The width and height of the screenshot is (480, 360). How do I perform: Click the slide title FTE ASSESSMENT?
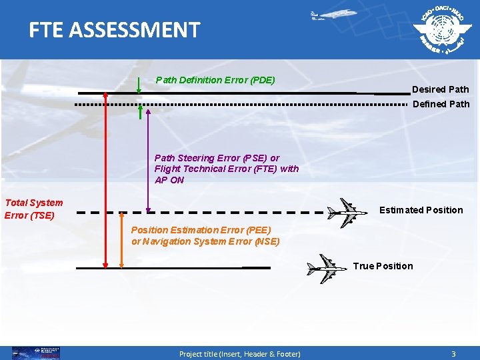(114, 30)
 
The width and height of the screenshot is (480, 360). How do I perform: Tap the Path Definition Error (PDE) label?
(215, 80)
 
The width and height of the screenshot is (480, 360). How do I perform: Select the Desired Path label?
(440, 89)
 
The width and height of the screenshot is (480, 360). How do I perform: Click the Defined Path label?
(441, 104)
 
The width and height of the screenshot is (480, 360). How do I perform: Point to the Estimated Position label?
(421, 210)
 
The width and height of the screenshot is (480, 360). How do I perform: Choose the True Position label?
(383, 266)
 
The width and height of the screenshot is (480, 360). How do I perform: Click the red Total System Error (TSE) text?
(33, 209)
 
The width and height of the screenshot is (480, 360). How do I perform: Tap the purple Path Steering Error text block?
(226, 169)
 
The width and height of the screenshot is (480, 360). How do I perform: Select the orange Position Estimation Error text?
(205, 235)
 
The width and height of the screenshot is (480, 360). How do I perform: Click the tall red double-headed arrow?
(105, 180)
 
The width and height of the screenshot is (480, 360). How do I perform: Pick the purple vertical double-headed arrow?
(147, 160)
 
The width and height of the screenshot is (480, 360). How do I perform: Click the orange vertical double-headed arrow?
(121, 240)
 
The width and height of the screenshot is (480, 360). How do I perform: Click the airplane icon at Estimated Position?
(347, 213)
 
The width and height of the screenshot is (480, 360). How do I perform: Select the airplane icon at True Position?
(327, 269)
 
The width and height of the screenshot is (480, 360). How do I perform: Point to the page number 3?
(453, 353)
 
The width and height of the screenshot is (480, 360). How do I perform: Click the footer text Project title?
(239, 353)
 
